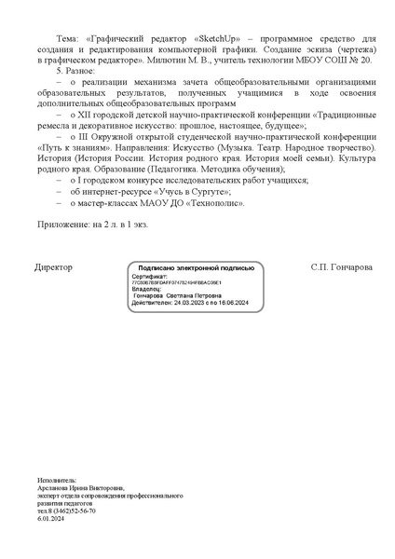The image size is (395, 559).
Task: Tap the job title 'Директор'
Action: point(53,266)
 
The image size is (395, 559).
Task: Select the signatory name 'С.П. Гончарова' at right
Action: point(341,266)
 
